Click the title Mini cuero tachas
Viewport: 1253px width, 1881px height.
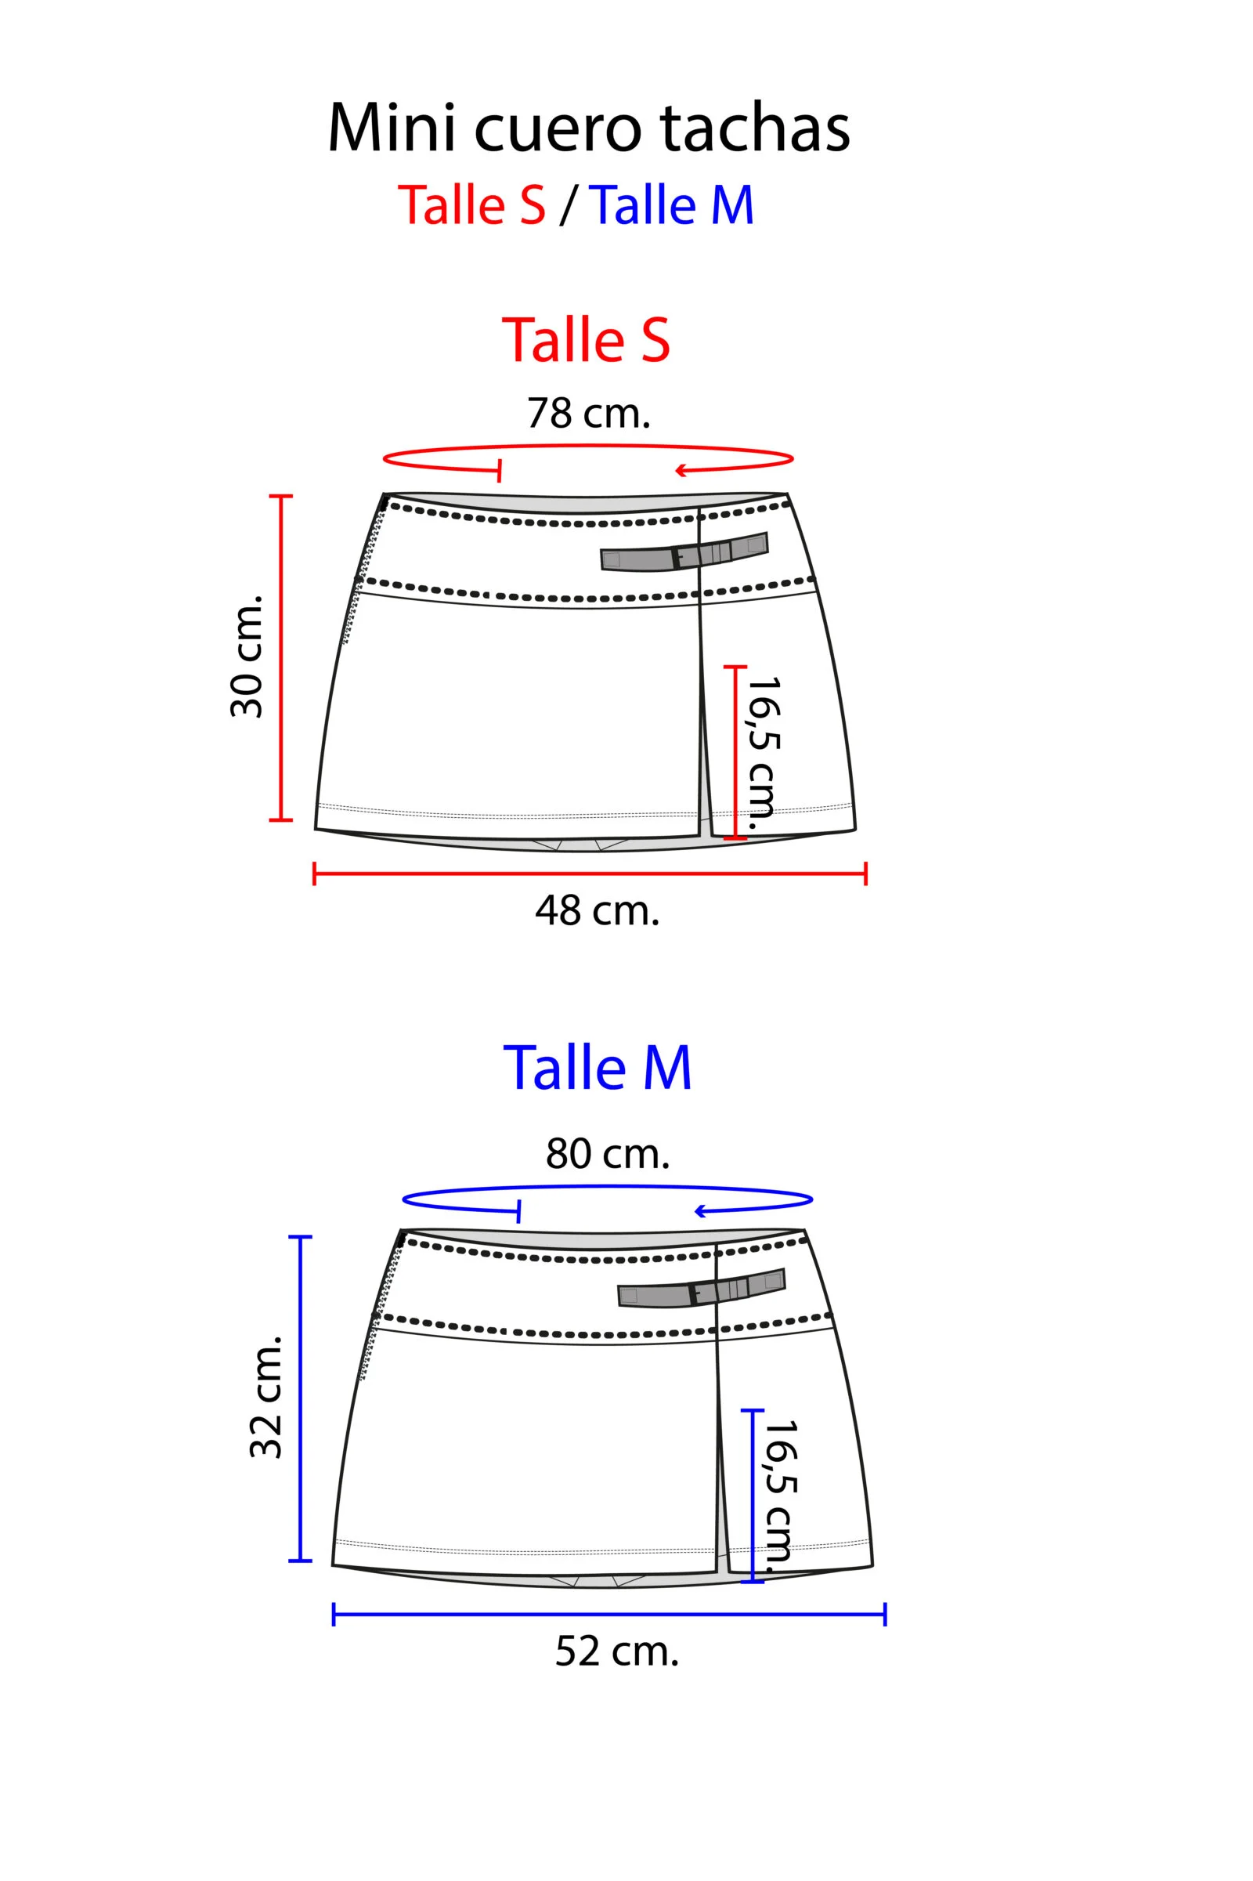(589, 128)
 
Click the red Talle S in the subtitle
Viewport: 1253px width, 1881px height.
(471, 204)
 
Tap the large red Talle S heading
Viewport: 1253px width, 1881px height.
(586, 340)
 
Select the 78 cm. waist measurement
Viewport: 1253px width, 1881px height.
(589, 414)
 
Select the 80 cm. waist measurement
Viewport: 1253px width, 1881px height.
(608, 1153)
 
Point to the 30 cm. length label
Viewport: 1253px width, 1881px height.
(247, 656)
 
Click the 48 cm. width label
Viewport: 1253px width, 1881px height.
(597, 910)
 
